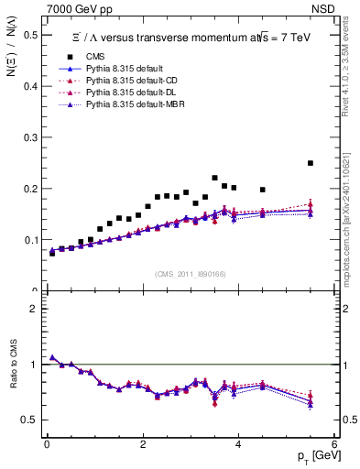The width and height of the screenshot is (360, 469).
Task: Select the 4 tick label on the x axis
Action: pos(238,444)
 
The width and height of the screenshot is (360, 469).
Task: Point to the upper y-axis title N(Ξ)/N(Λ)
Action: pos(13,60)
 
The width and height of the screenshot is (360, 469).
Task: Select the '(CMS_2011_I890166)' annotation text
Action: pos(190,274)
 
